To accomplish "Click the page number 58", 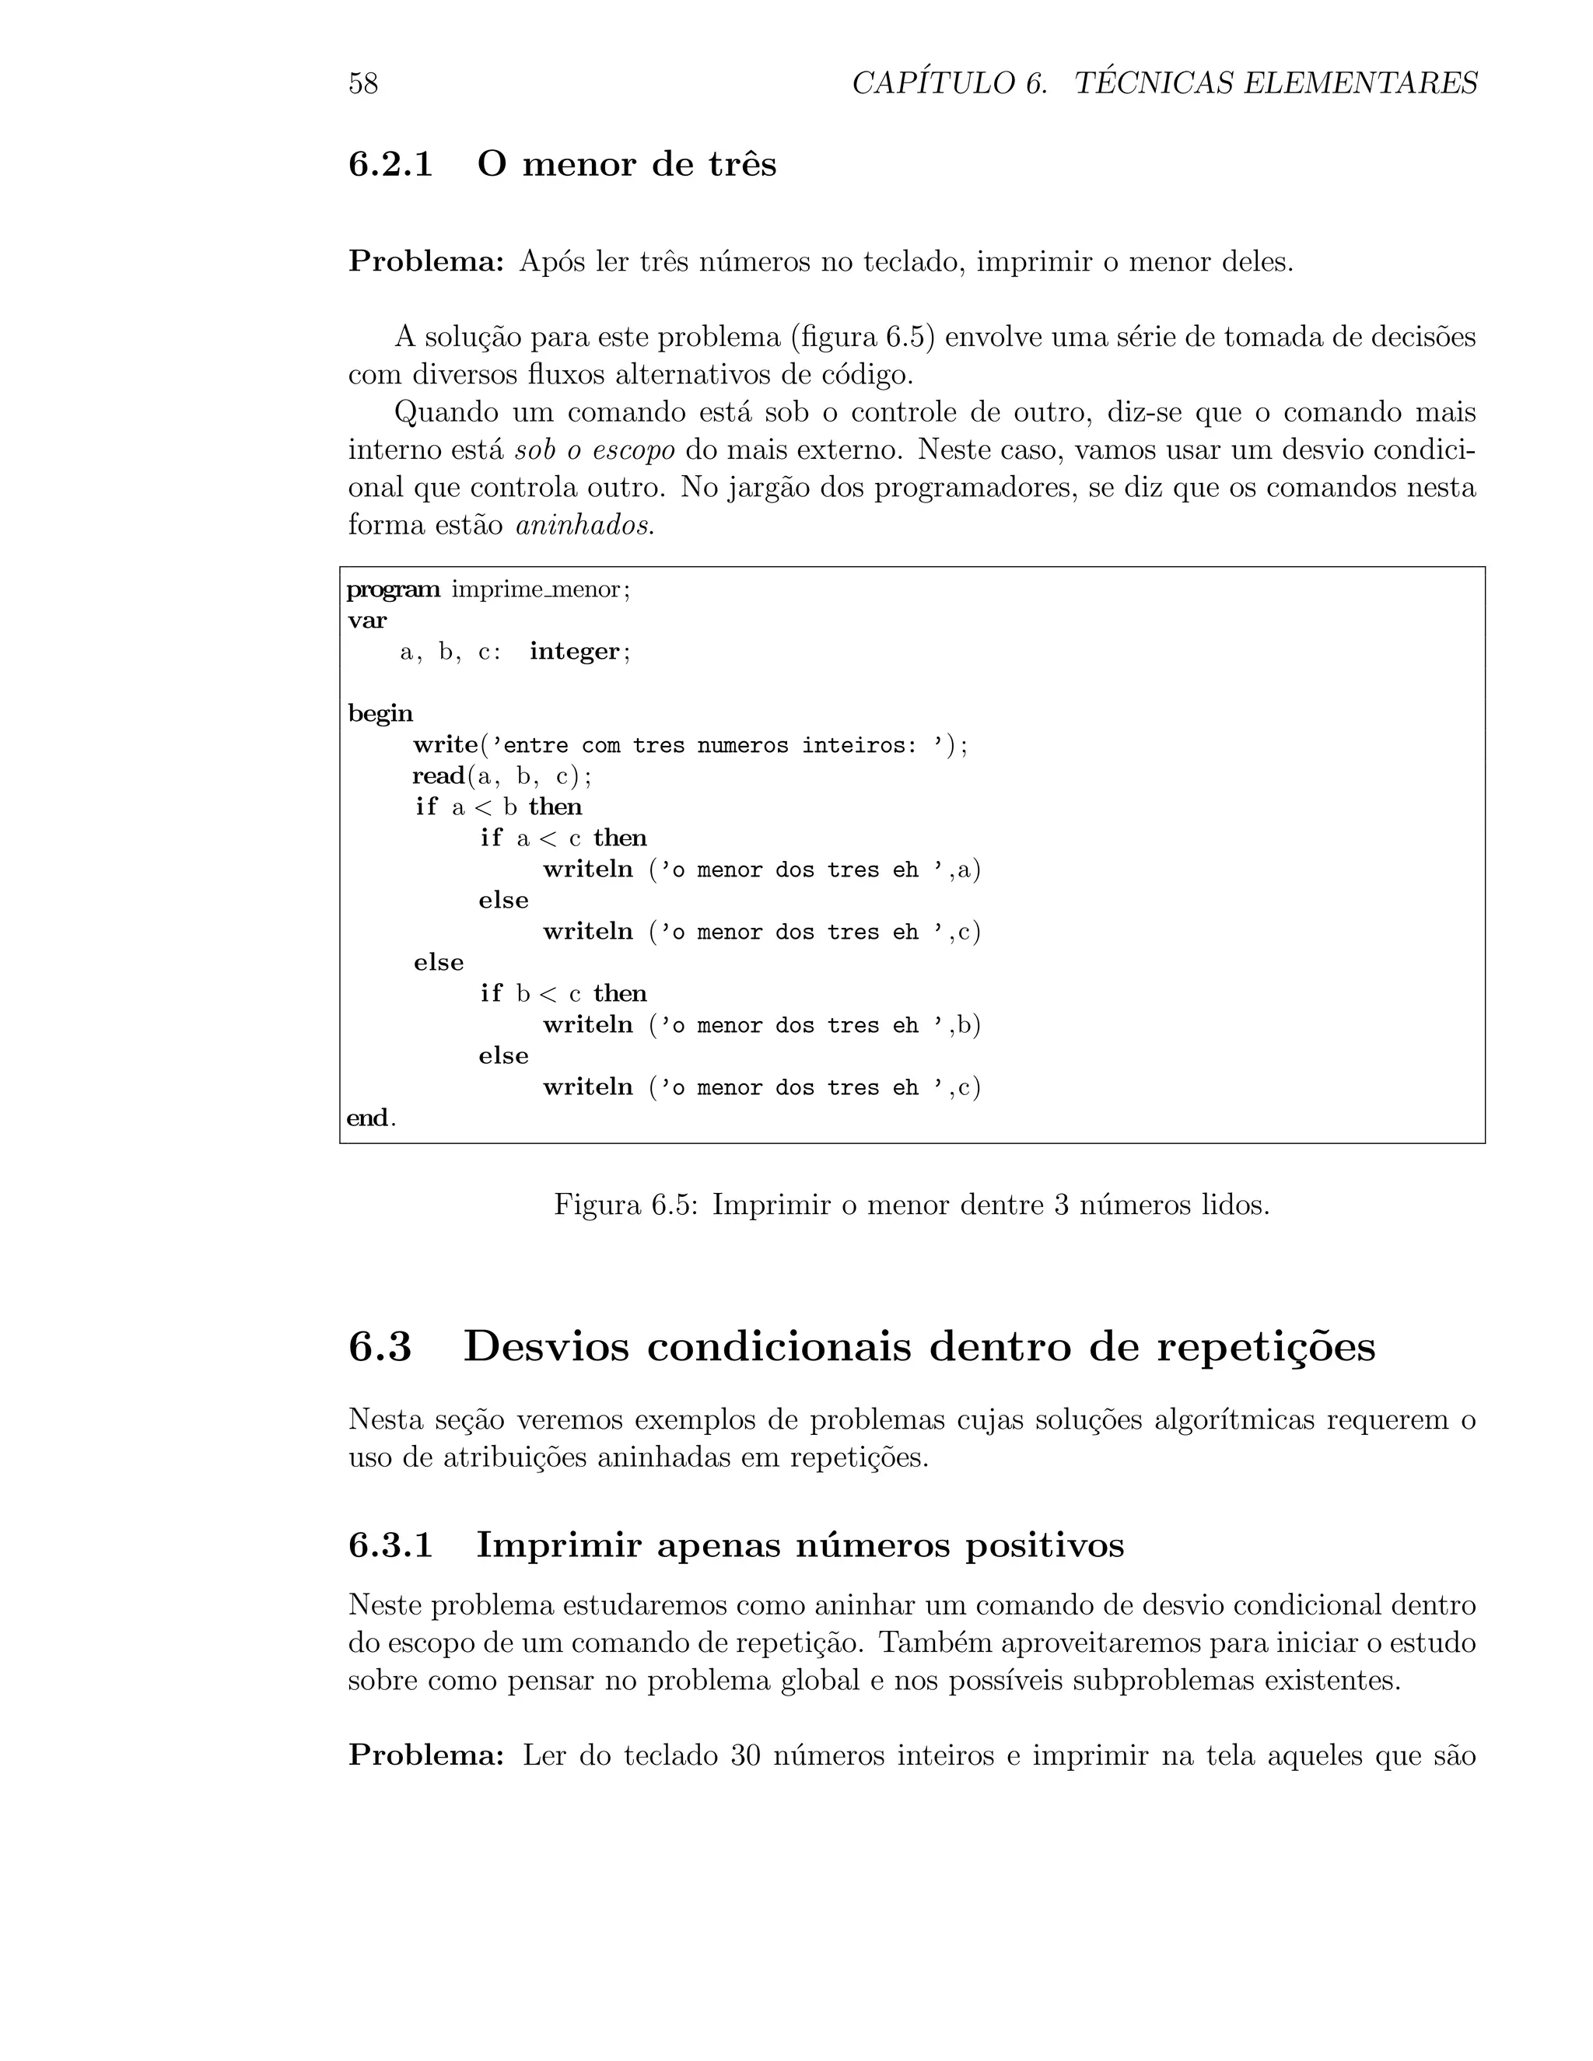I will pos(363,84).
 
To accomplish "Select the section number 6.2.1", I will pos(390,164).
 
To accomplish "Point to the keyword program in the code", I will pos(393,590).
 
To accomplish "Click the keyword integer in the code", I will pos(574,651).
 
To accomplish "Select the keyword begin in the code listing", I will pos(380,713).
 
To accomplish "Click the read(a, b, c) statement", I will pos(501,775).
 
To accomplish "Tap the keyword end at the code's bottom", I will pos(367,1118).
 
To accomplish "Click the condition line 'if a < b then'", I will pos(499,807).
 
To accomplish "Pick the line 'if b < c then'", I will pos(563,994).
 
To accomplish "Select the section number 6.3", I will pos(380,1346).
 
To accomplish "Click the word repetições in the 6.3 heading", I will pos(1266,1346).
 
